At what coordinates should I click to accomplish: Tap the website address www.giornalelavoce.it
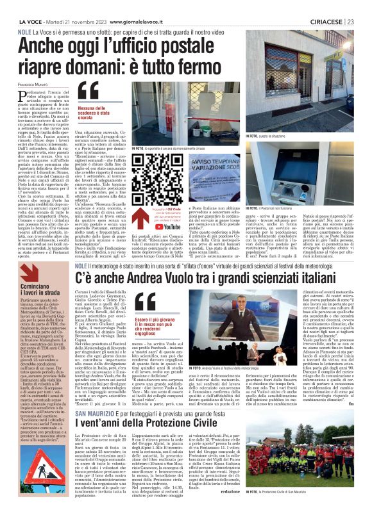click(138, 6)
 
